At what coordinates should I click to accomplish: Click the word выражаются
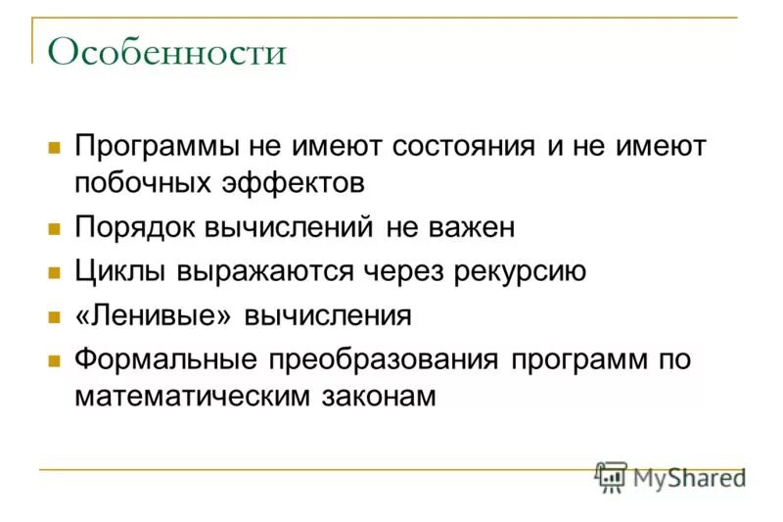pos(269,271)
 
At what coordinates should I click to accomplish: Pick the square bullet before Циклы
pos(55,272)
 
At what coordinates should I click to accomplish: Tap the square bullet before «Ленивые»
pos(55,316)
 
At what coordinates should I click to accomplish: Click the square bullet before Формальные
pos(55,360)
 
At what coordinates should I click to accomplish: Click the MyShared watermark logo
pos(669,477)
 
